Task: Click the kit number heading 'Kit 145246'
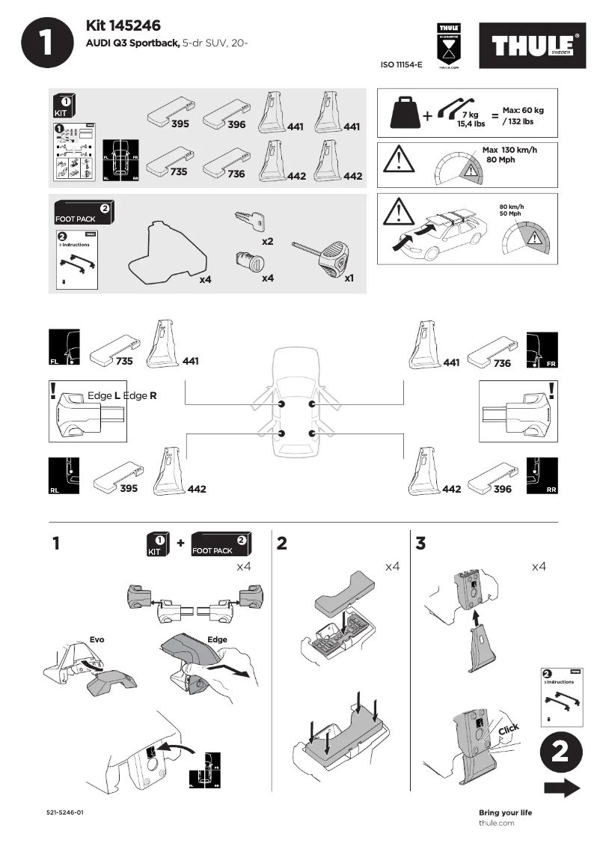pos(123,27)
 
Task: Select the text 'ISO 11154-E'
pos(402,65)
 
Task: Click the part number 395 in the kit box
pos(180,123)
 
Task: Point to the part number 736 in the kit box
pos(236,174)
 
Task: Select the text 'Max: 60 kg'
pos(523,110)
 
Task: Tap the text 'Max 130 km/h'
pos(509,150)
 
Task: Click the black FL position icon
pos(63,348)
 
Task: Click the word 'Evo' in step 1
pos(97,640)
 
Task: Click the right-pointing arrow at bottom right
pos(562,788)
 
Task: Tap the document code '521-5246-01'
pos(64,812)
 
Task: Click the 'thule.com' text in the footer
pos(496,823)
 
